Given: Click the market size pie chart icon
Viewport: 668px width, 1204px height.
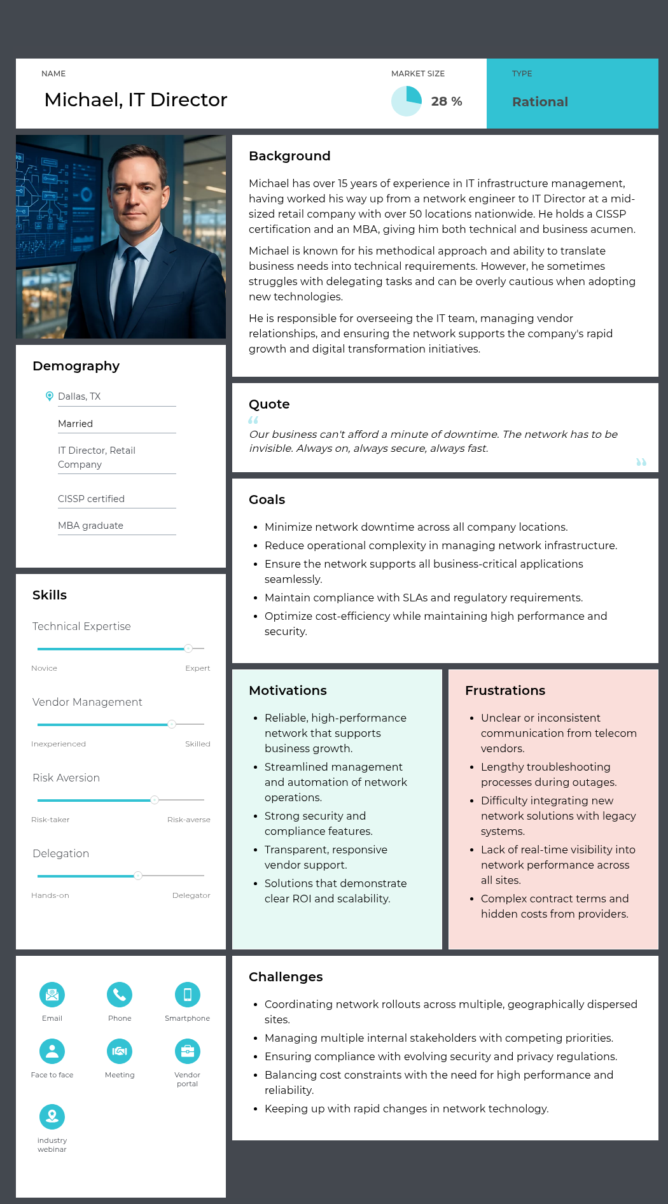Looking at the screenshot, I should tap(407, 101).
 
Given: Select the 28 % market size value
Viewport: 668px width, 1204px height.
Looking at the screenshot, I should tap(447, 102).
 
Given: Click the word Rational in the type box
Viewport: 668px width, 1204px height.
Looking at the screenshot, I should tap(539, 102).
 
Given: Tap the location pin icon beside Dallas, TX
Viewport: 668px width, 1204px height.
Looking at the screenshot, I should tap(50, 396).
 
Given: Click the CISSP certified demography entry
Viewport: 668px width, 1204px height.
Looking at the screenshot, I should tap(91, 499).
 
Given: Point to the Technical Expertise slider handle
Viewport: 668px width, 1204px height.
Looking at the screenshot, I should tap(188, 648).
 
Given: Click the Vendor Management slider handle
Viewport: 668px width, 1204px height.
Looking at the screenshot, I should tap(172, 724).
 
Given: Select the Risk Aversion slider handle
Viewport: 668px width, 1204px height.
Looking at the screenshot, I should tap(155, 800).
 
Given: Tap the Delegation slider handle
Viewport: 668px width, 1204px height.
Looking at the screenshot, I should tap(138, 876).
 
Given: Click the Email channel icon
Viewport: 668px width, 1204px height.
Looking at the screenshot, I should tap(52, 995).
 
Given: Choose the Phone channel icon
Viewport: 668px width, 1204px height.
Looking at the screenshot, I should tap(120, 995).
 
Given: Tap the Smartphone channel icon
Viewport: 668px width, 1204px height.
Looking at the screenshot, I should tap(188, 995).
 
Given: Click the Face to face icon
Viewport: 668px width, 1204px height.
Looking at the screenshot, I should tap(52, 1051).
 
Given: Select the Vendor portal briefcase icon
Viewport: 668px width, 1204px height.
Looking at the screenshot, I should tap(188, 1051).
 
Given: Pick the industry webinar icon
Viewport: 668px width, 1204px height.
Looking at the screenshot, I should tap(52, 1117).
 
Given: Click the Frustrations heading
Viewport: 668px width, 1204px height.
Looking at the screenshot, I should tap(505, 690).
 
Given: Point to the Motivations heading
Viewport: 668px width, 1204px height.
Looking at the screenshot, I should tap(288, 690).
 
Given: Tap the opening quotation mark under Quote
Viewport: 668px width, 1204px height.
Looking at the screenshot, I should tap(253, 420).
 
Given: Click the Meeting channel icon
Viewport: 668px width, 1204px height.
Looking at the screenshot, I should tap(120, 1051).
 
